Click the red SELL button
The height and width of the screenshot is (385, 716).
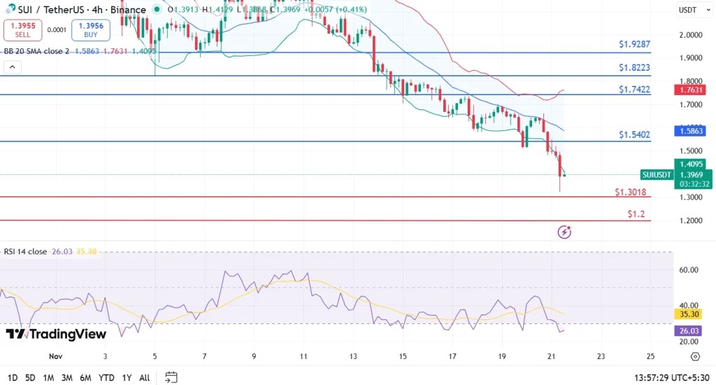pyautogui.click(x=22, y=29)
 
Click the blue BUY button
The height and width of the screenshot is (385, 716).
pyautogui.click(x=91, y=29)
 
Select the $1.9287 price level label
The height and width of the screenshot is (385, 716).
pyautogui.click(x=635, y=44)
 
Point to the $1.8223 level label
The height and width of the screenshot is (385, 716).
pyautogui.click(x=635, y=67)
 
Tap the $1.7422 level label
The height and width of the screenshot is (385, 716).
pyautogui.click(x=635, y=90)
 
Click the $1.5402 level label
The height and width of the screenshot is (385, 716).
pyautogui.click(x=635, y=134)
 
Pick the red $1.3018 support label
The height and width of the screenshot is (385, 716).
pyautogui.click(x=630, y=192)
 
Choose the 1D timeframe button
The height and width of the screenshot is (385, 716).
pyautogui.click(x=12, y=377)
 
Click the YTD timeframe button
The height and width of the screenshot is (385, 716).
pyautogui.click(x=106, y=377)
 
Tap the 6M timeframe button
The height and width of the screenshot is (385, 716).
pyautogui.click(x=86, y=377)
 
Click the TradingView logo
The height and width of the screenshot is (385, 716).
pyautogui.click(x=56, y=335)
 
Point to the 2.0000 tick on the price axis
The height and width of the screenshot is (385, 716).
pyautogui.click(x=692, y=35)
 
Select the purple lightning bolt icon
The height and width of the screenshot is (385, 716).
pyautogui.click(x=565, y=232)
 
